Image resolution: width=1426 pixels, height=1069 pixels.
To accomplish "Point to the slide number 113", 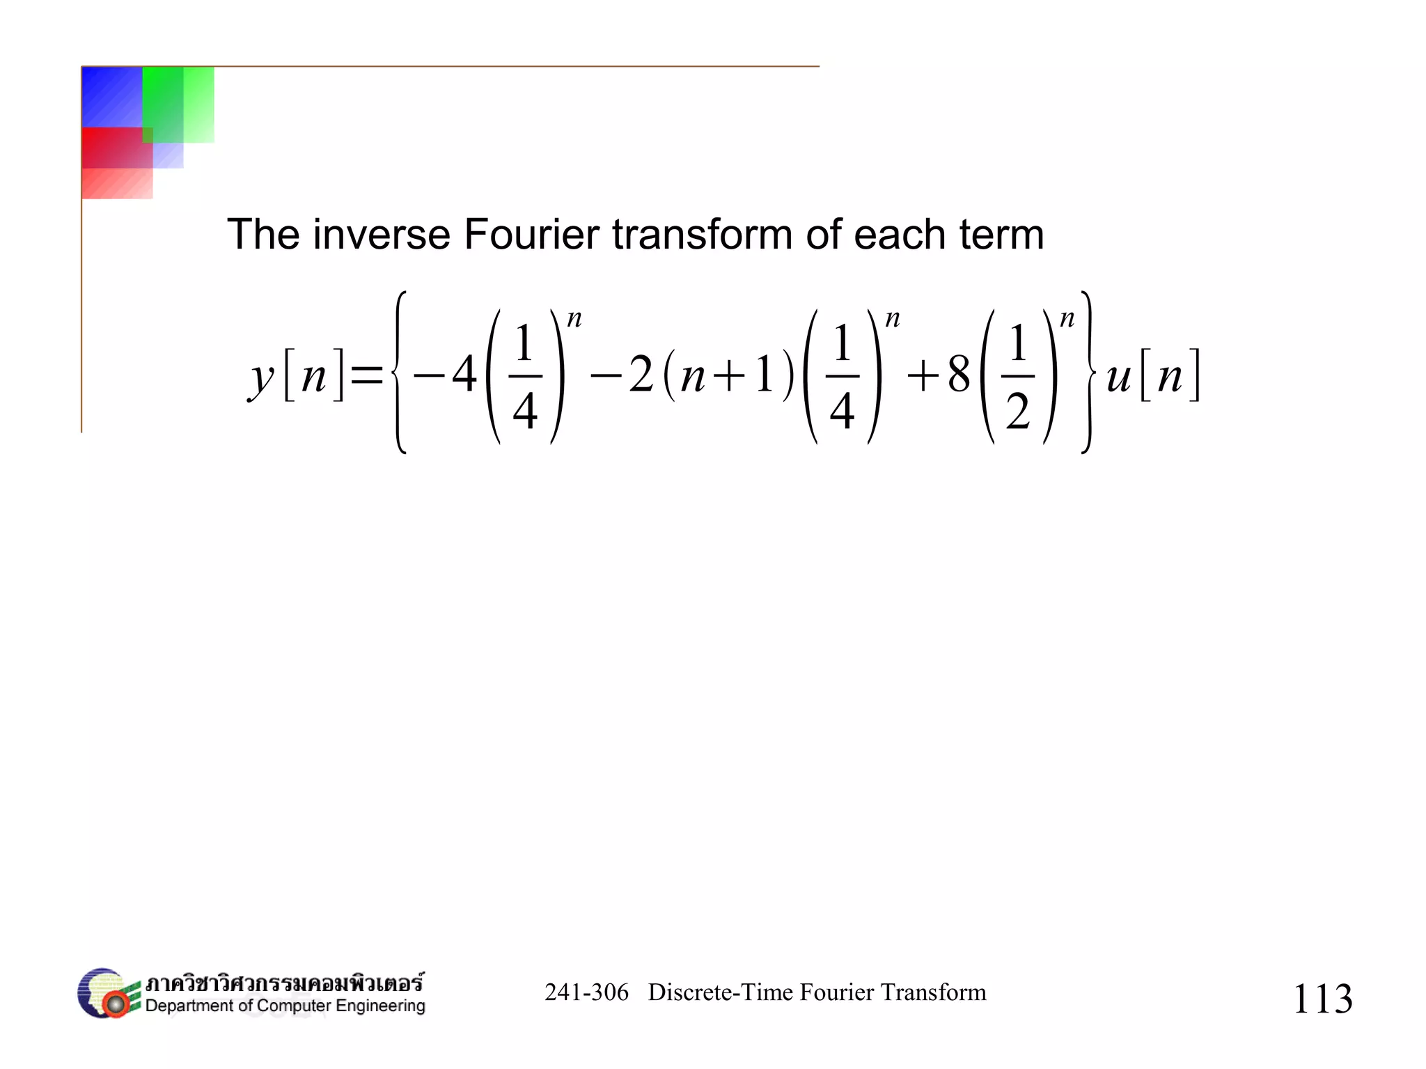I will tap(1322, 998).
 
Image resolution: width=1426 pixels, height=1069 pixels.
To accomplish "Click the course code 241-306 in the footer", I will tap(586, 992).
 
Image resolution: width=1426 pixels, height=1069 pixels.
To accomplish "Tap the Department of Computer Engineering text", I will tap(285, 1006).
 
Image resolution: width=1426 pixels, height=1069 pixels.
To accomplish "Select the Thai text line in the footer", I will tap(284, 983).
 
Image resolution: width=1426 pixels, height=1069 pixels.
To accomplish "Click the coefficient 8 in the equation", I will tap(959, 375).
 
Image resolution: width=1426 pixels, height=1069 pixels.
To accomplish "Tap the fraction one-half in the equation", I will tap(1018, 376).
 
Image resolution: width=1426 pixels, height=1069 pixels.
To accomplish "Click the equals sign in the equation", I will tap(366, 376).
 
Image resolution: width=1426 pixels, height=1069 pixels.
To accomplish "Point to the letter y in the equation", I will tap(262, 379).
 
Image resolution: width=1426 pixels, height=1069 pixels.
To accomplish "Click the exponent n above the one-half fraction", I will tap(1067, 319).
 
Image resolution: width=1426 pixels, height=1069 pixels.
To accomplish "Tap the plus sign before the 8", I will tap(923, 377).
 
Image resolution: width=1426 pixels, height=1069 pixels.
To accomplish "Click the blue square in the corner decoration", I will tap(111, 96).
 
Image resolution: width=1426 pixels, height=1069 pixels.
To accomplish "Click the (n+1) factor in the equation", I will tap(728, 376).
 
